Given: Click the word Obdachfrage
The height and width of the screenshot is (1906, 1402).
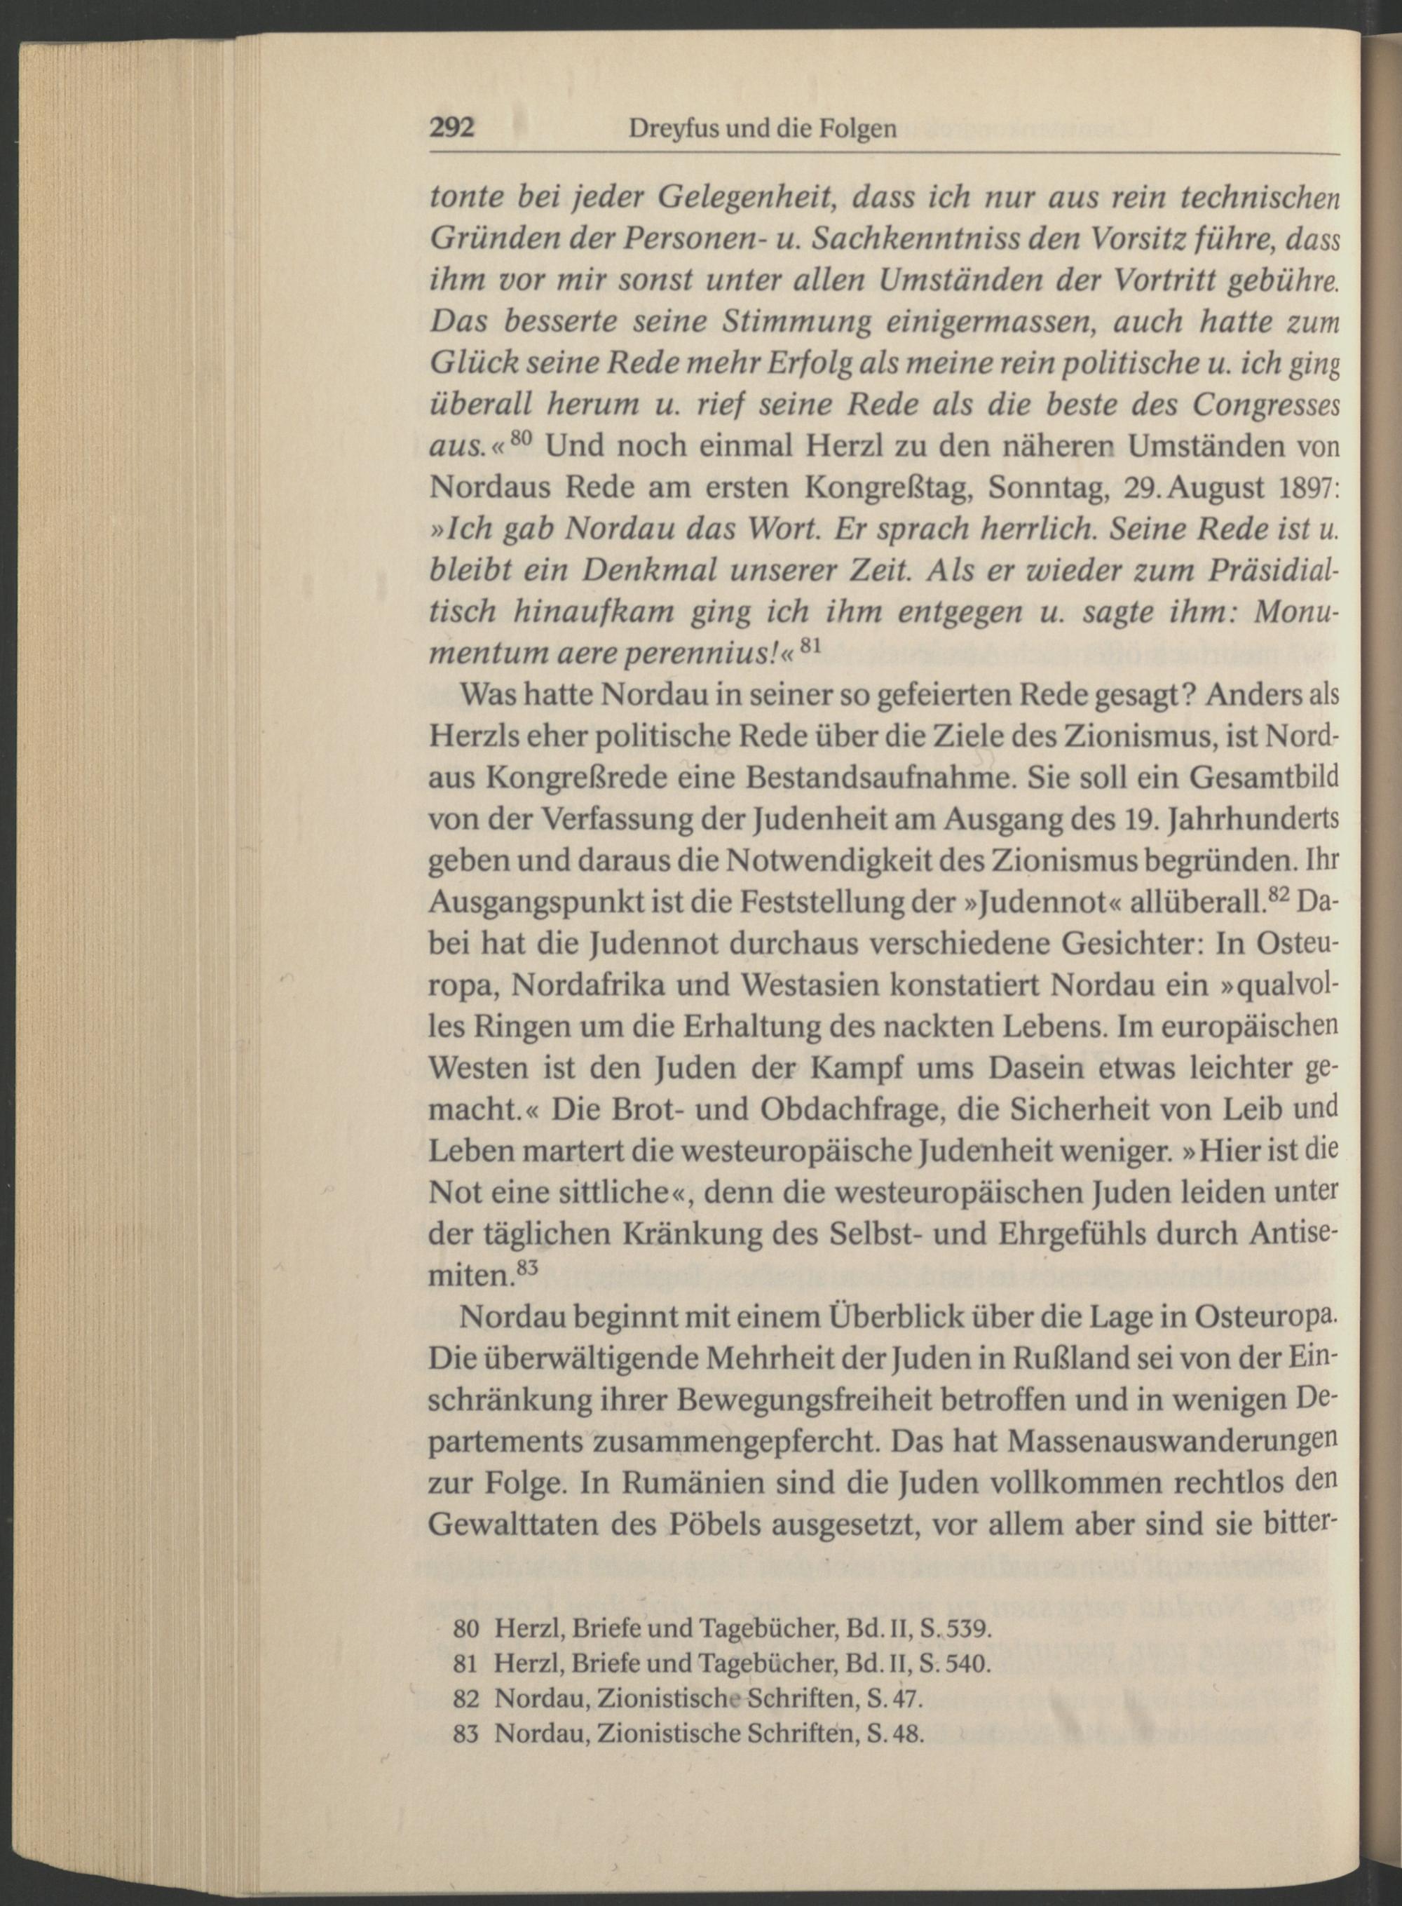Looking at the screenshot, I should pos(857,1109).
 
